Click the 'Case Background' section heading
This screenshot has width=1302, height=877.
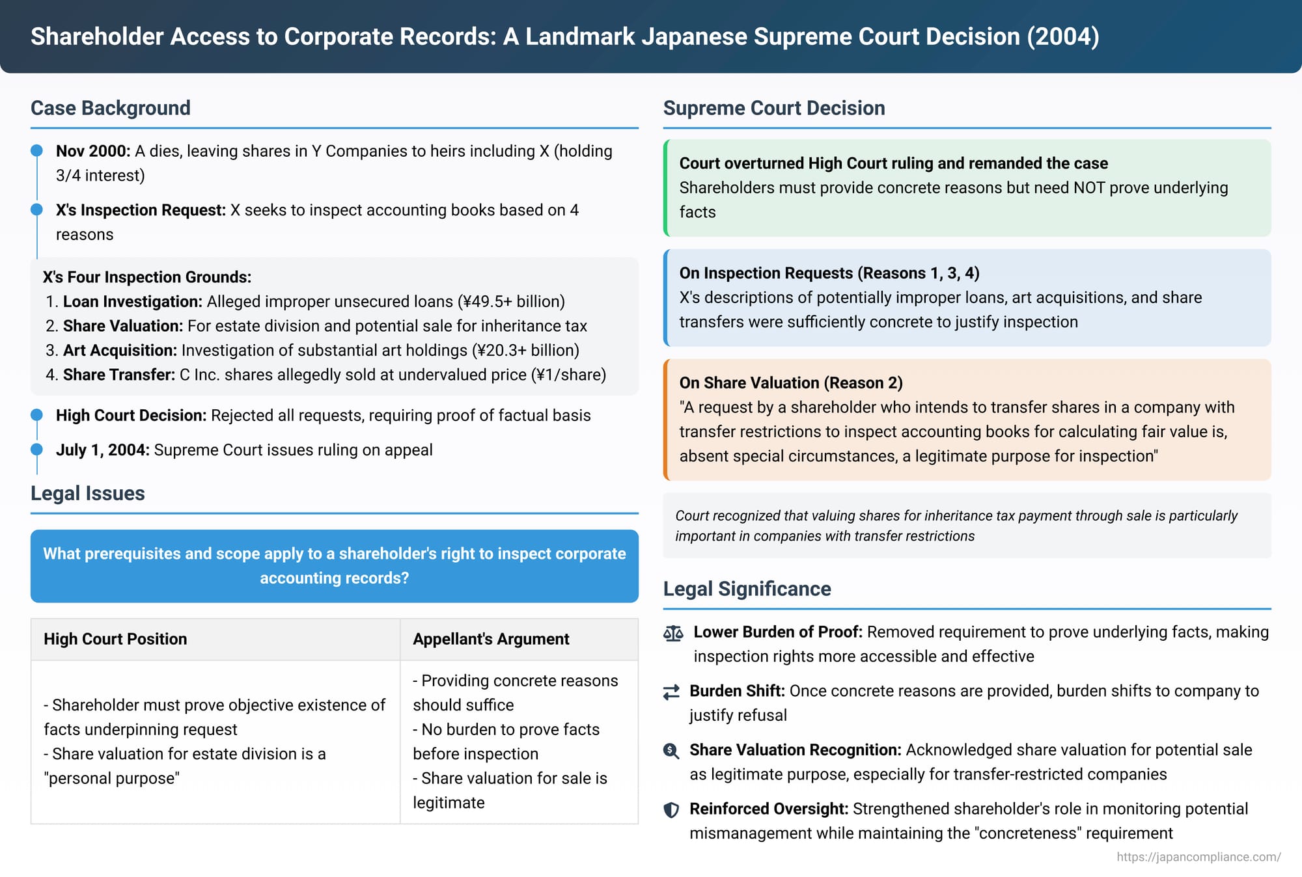(111, 108)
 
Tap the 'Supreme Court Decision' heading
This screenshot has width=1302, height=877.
(774, 108)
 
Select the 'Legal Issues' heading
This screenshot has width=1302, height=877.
(88, 493)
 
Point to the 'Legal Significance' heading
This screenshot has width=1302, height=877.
(747, 589)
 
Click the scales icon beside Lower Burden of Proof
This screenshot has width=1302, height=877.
(673, 633)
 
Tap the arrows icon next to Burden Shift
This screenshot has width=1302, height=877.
(671, 692)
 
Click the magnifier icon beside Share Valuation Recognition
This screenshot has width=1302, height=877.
(671, 751)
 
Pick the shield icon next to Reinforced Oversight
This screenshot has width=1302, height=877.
(671, 810)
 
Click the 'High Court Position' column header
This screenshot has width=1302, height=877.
(115, 639)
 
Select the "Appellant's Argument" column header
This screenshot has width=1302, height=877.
(491, 639)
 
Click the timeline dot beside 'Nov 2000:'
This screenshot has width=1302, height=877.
(37, 151)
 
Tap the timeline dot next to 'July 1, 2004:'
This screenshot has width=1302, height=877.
(37, 450)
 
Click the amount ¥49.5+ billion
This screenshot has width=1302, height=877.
(510, 302)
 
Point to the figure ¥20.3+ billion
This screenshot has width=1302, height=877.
(525, 351)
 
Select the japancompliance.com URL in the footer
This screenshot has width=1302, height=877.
(1198, 857)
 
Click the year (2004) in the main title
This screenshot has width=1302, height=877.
(1063, 36)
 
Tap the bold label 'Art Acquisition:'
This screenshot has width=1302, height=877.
(120, 351)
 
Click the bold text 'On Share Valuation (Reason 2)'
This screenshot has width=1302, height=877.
(791, 383)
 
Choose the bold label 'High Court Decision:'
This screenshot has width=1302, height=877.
(131, 416)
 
